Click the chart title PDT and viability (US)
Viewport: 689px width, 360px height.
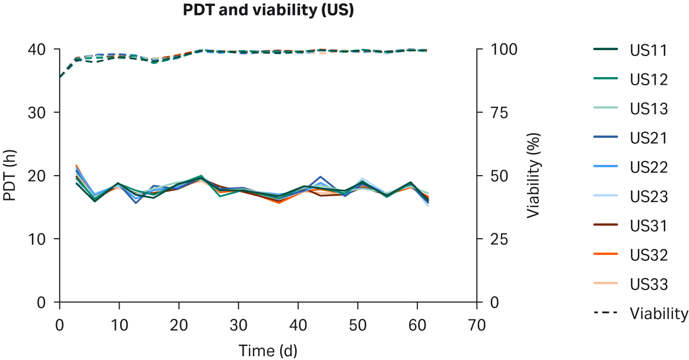(268, 10)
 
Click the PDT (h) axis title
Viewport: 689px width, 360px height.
(10, 175)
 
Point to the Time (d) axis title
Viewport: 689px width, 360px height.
(268, 351)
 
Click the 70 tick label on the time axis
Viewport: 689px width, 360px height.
(477, 325)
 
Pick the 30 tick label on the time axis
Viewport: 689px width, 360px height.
(238, 325)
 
